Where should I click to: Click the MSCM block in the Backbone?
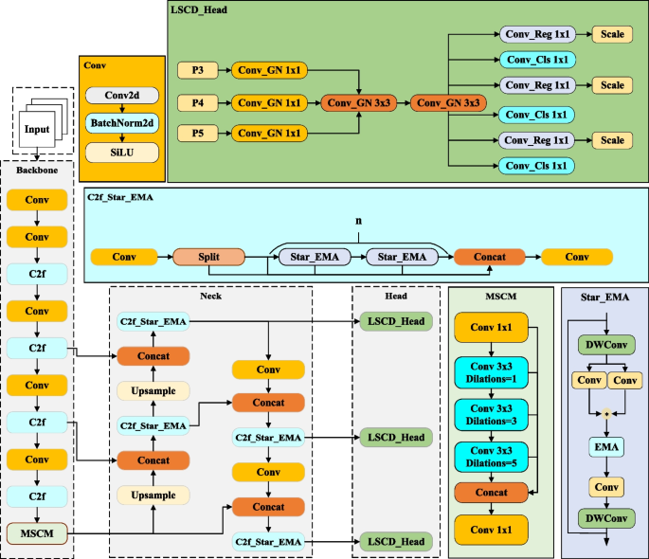point(37,532)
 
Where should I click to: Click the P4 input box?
point(197,101)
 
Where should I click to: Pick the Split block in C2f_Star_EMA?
point(208,256)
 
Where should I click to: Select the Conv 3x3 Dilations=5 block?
point(491,456)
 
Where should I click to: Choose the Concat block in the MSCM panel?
point(491,493)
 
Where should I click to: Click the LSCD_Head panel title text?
point(200,9)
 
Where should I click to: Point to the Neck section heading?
point(211,295)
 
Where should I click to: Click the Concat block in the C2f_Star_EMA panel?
point(489,256)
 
